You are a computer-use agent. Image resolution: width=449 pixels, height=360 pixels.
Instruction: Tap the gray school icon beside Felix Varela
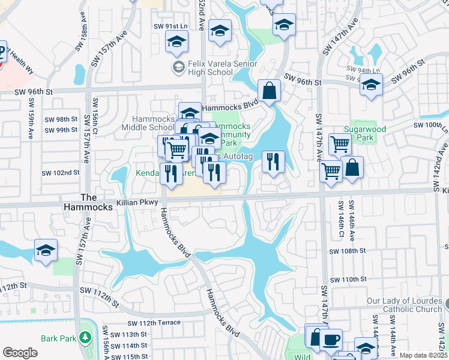point(178,67)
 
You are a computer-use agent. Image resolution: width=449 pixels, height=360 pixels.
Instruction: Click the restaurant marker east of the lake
point(273,163)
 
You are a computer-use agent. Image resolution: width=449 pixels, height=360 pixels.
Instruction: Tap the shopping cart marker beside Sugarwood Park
point(340,144)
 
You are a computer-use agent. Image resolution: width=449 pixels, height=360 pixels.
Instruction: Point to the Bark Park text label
point(58,338)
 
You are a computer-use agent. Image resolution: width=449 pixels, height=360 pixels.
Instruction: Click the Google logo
point(20,353)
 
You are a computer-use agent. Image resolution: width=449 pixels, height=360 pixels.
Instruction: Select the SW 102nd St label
point(61,173)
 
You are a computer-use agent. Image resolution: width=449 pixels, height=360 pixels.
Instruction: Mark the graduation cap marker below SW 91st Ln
point(176,42)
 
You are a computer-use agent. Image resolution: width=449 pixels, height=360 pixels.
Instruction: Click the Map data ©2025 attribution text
point(423,355)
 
